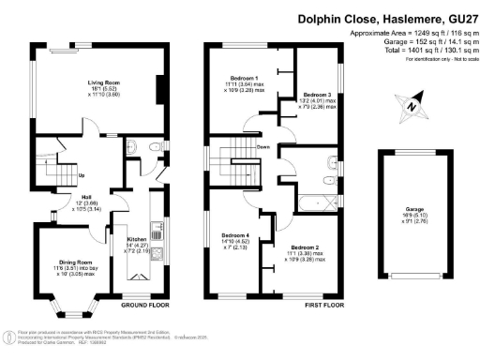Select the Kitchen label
(x=138, y=239)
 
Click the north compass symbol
(x=411, y=106)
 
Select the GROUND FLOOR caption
(x=144, y=306)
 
